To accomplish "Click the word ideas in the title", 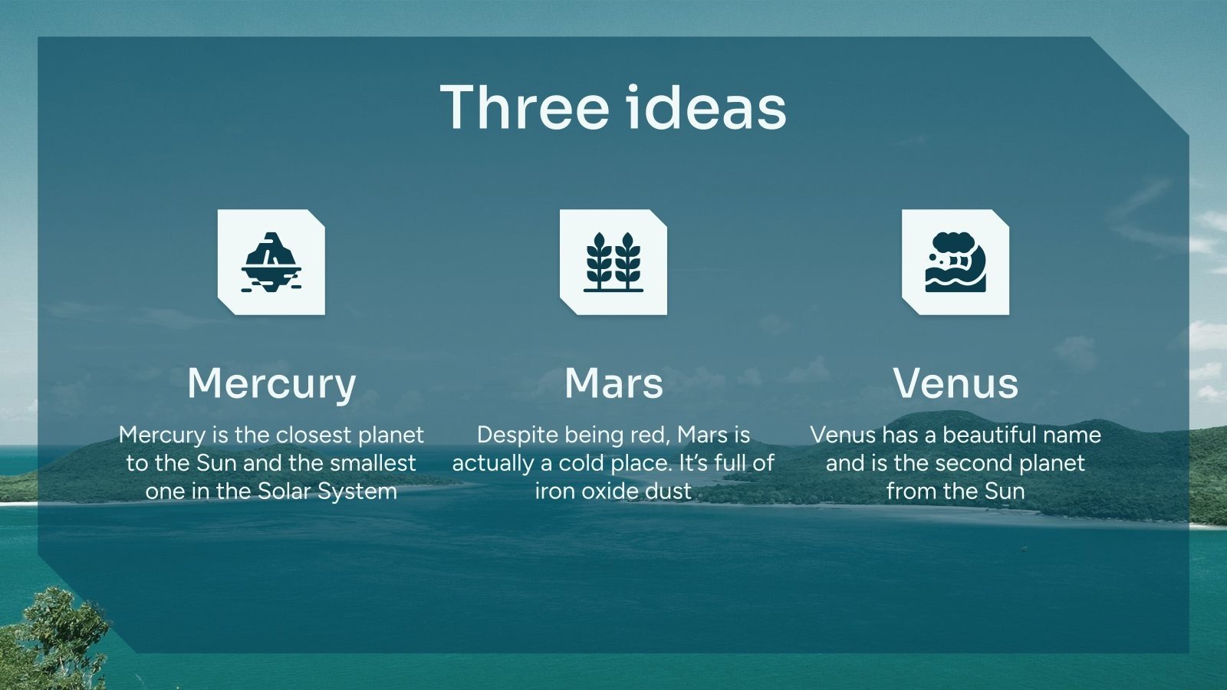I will (x=706, y=107).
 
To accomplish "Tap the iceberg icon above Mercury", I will (x=271, y=262).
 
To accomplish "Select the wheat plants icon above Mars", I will (x=613, y=262).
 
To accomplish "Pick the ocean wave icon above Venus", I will (x=956, y=262).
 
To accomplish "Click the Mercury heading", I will (x=271, y=384).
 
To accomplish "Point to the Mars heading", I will (x=613, y=383).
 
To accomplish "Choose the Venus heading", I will (x=956, y=383).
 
